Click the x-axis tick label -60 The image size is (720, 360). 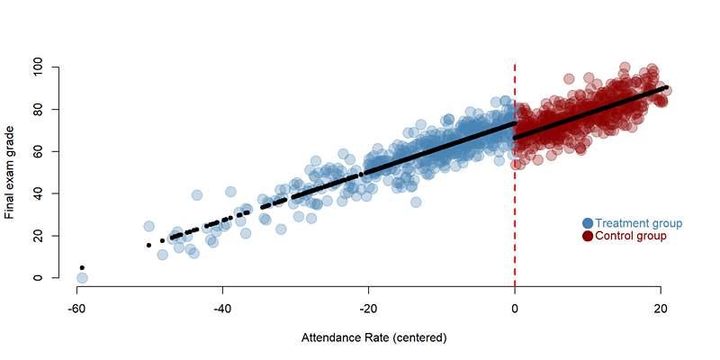pos(76,308)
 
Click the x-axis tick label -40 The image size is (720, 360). pos(222,308)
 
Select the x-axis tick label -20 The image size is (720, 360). pos(368,308)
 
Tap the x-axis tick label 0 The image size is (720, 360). pos(515,308)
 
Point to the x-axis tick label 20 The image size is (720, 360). pos(661,308)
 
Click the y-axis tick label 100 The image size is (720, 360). pos(38,67)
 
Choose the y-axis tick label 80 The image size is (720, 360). pos(38,110)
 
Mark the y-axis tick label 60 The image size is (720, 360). pos(38,151)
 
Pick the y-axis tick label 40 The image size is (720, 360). pos(38,193)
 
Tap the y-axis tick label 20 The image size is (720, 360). pos(38,236)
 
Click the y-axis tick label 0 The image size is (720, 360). pos(38,278)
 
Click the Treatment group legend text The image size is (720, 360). pos(638,223)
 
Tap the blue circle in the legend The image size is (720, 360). pos(588,223)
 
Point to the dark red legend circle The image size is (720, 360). pos(588,236)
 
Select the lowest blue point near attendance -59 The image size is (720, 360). pos(82,278)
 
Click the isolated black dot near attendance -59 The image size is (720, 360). pos(82,267)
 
